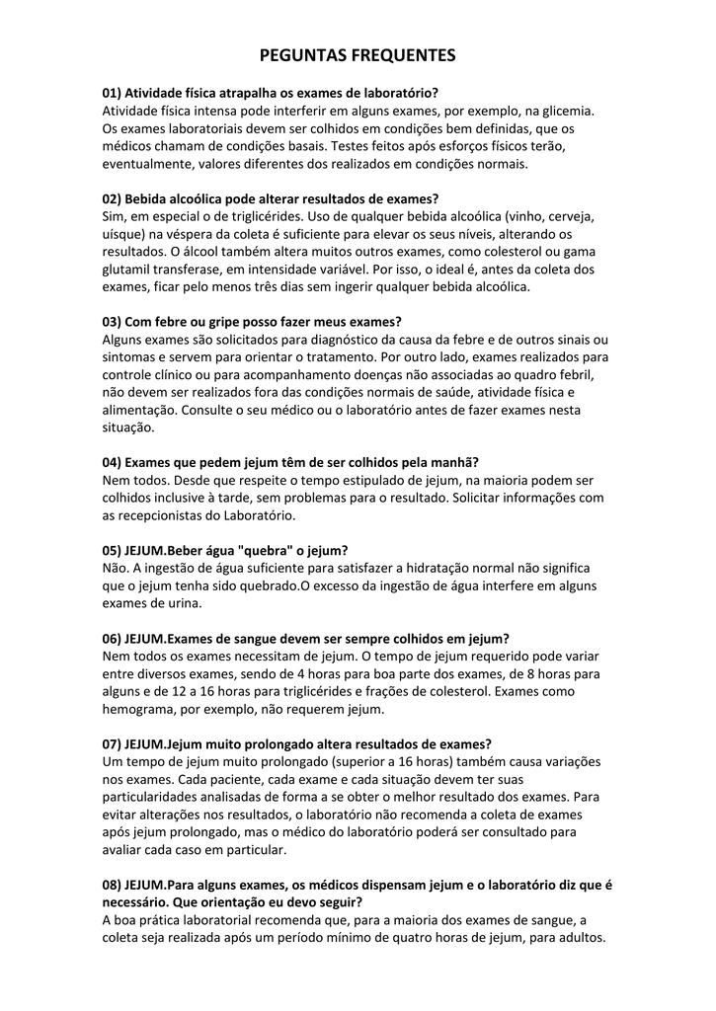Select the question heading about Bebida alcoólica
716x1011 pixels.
pyautogui.click(x=271, y=198)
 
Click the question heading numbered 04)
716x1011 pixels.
pyautogui.click(x=290, y=463)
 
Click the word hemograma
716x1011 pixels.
pyautogui.click(x=144, y=709)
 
